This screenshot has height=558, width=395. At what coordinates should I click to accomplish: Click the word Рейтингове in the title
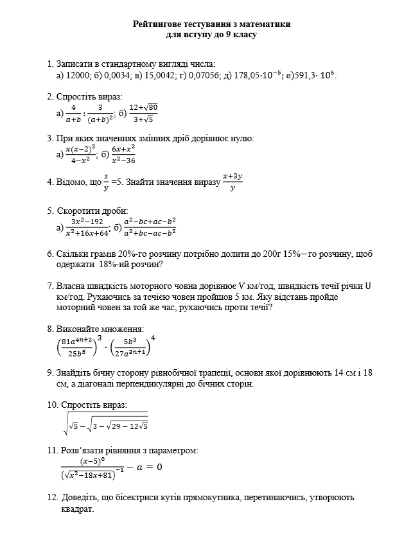(161, 24)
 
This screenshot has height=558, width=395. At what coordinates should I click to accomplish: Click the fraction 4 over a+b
(73, 113)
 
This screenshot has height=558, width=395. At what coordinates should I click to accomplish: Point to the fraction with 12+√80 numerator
(143, 112)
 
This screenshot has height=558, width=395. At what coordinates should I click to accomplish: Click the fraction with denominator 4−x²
(81, 154)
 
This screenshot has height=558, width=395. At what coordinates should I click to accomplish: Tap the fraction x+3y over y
(232, 182)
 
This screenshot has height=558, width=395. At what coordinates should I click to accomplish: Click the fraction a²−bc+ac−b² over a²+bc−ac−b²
(150, 227)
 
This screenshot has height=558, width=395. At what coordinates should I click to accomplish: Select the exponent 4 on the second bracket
(153, 338)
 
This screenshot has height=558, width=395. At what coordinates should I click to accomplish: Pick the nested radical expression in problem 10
(106, 421)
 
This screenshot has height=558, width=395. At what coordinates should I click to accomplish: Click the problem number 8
(50, 329)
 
